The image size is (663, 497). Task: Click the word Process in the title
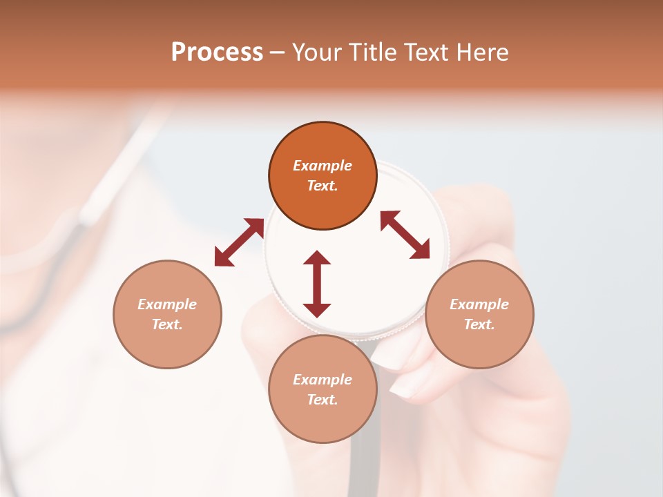click(x=217, y=52)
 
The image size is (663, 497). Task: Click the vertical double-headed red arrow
click(x=317, y=284)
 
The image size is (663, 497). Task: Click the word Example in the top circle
click(x=323, y=166)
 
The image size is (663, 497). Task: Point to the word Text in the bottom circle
click(x=323, y=400)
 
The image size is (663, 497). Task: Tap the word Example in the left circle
click(x=167, y=304)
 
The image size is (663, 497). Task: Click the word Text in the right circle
click(x=479, y=324)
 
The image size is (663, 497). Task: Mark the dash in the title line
click(x=278, y=53)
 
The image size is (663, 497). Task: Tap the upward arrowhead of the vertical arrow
click(x=317, y=258)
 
